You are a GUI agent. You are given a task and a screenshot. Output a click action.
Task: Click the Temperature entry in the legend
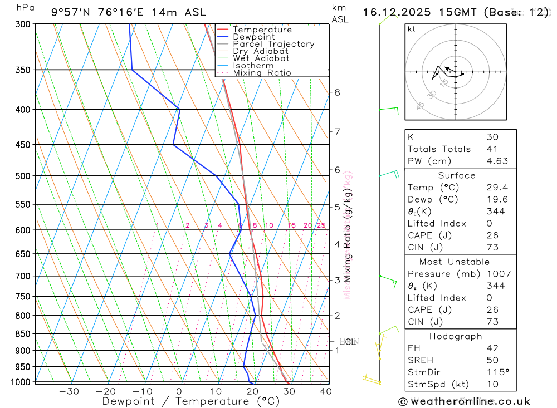[x=262, y=30]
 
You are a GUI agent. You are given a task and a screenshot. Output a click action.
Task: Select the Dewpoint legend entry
[x=253, y=37]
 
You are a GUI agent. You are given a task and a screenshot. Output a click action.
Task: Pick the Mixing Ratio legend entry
[x=262, y=73]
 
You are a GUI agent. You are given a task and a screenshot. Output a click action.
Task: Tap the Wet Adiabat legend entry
[x=261, y=58]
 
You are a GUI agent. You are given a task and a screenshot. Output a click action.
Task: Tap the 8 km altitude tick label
[x=337, y=92]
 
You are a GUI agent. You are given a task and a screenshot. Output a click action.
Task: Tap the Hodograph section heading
[x=456, y=336]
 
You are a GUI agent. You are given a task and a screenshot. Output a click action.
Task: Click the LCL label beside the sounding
[x=348, y=342]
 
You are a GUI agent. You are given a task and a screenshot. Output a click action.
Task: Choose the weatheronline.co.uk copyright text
[x=464, y=401]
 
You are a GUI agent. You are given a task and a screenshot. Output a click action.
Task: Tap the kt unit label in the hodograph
[x=411, y=29]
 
